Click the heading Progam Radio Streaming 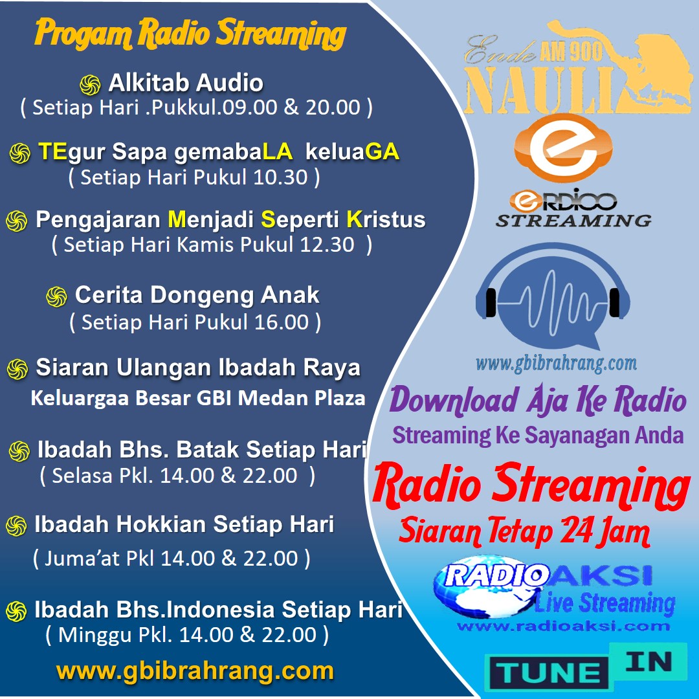pyautogui.click(x=190, y=34)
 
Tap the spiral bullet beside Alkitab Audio pyautogui.click(x=90, y=85)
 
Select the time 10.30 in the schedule pyautogui.click(x=280, y=177)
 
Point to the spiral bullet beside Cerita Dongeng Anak pyautogui.click(x=56, y=296)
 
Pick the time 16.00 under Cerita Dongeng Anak pyautogui.click(x=282, y=322)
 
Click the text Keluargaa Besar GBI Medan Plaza pyautogui.click(x=198, y=397)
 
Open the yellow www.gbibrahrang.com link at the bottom pyautogui.click(x=195, y=671)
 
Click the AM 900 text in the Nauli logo pyautogui.click(x=571, y=51)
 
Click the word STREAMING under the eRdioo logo pyautogui.click(x=573, y=220)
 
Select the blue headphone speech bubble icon pyautogui.click(x=553, y=296)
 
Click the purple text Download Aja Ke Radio pyautogui.click(x=538, y=399)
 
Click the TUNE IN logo pyautogui.click(x=586, y=667)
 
